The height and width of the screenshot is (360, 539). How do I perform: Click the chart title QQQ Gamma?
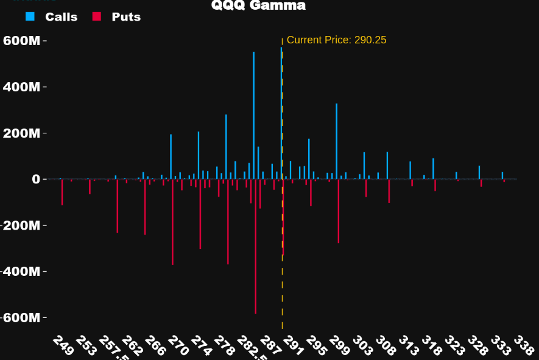258,6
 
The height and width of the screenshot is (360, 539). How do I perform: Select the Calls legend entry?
61,17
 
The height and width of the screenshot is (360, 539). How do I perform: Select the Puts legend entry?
126,17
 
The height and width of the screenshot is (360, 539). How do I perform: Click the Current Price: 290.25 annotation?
336,40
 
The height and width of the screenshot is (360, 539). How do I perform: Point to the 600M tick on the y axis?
22,41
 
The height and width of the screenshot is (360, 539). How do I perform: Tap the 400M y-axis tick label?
22,87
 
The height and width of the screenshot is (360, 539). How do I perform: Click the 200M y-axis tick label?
22,133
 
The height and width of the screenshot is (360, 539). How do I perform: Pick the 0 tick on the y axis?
36,179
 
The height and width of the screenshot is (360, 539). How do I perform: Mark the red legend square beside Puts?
96,17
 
